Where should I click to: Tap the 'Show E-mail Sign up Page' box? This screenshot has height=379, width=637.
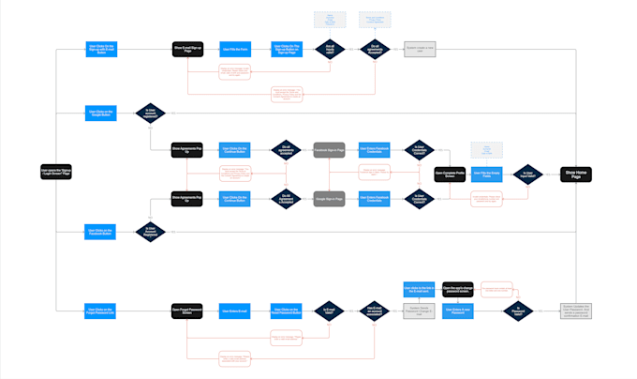pos(187,48)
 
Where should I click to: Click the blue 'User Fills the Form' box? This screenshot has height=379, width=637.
pos(234,48)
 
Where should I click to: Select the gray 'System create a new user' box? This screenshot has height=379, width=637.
pos(421,48)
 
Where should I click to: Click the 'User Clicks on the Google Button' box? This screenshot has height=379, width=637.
pos(99,112)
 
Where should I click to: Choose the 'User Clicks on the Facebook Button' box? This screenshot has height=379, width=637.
pos(99,231)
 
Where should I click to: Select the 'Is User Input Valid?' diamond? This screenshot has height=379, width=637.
pos(528,174)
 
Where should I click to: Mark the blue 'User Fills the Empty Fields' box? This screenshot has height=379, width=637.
pos(487,174)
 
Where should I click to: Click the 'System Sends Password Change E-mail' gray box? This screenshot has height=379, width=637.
pos(418,311)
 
